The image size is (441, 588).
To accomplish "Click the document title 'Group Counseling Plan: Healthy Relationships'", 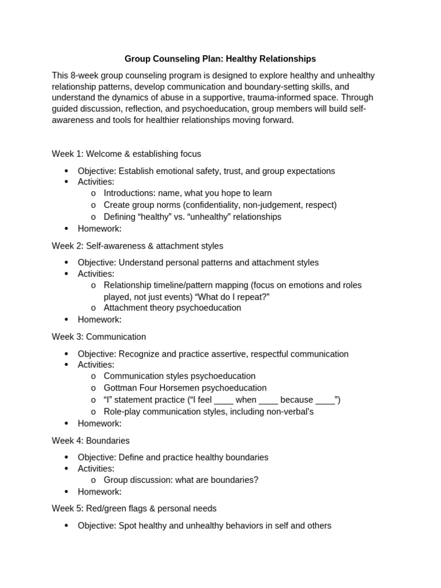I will (x=220, y=59).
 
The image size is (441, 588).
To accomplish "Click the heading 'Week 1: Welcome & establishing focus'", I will (x=126, y=154).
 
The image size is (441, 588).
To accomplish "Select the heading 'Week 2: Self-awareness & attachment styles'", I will (x=137, y=246).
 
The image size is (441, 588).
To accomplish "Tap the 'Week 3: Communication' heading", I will (x=99, y=337).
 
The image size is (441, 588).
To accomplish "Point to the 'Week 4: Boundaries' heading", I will (x=91, y=440).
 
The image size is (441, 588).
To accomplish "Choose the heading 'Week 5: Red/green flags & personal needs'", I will (x=134, y=509).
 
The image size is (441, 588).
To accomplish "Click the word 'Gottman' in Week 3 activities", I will (x=119, y=388).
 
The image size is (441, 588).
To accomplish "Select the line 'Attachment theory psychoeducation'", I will (x=172, y=308).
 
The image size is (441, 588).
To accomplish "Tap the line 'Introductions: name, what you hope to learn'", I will (x=188, y=194).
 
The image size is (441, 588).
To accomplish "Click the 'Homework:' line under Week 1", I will (x=99, y=229).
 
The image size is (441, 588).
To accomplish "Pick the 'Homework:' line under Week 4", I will (x=99, y=492).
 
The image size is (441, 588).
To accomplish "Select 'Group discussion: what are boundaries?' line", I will (x=181, y=480).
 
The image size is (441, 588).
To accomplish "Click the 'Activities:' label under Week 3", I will (x=96, y=365).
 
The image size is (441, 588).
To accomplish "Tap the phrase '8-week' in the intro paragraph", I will (x=83, y=76).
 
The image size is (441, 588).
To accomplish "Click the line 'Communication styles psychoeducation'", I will (x=179, y=376).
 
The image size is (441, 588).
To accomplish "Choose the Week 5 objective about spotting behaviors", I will (x=204, y=525).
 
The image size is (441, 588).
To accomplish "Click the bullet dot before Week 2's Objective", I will (x=67, y=263).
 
